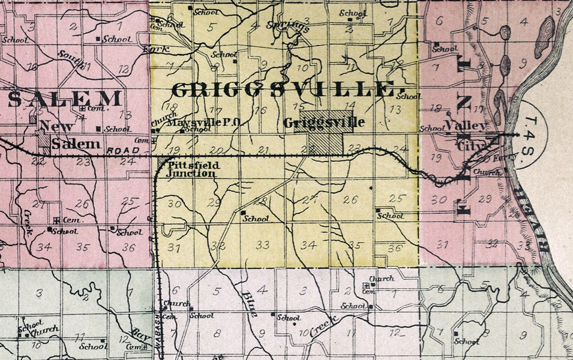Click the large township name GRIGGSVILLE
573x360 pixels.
pyautogui.click(x=284, y=90)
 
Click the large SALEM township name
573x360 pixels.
pyautogui.click(x=66, y=98)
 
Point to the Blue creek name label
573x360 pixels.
pyautogui.click(x=249, y=304)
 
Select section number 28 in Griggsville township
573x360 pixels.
pyautogui.click(x=260, y=200)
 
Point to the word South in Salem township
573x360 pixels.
pyautogui.click(x=71, y=60)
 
